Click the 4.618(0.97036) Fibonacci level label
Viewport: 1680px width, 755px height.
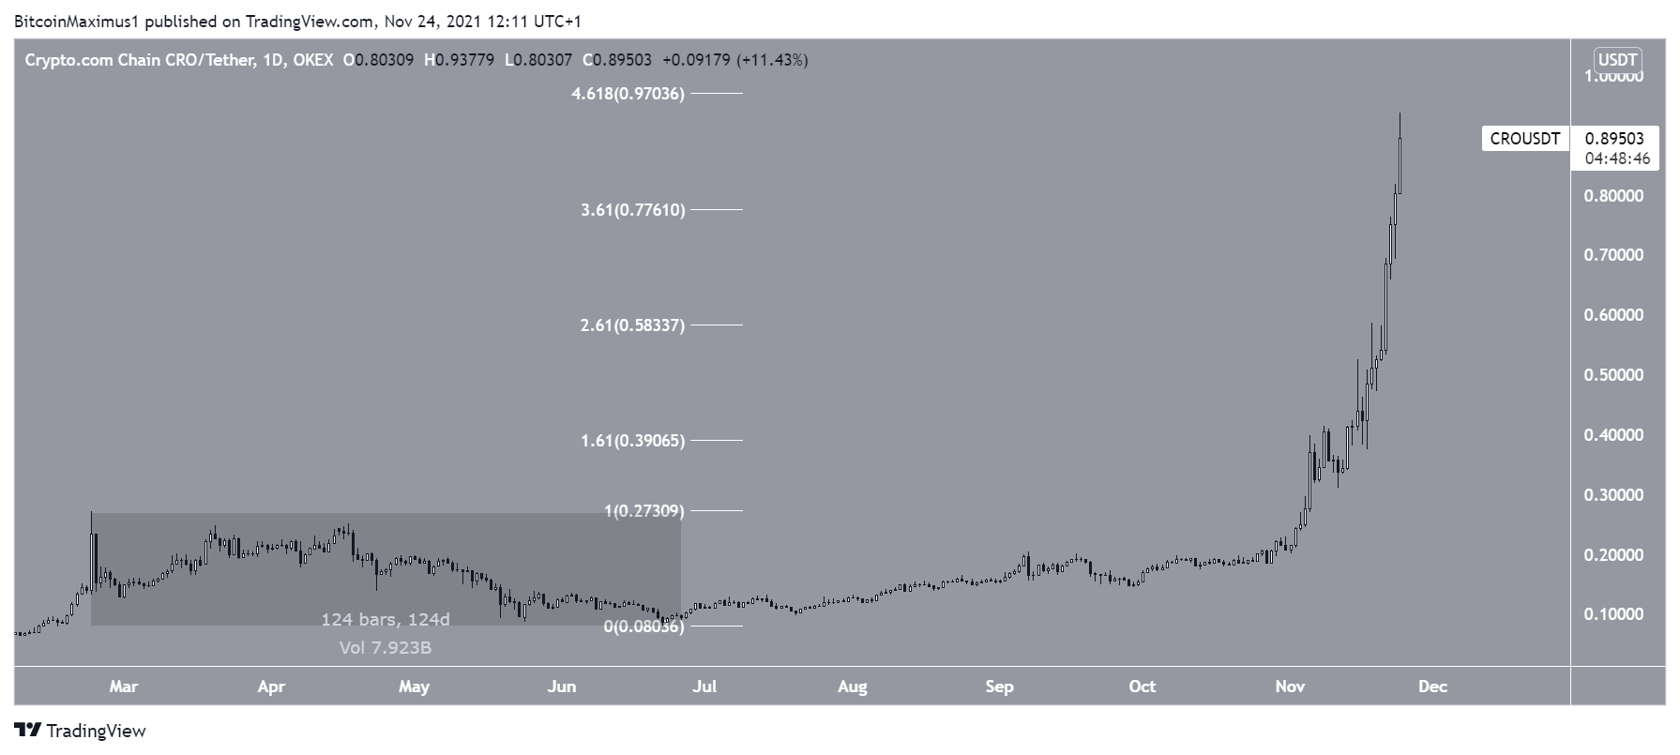[628, 94]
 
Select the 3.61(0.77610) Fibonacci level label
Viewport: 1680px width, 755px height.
[632, 210]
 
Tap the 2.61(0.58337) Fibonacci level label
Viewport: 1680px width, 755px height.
[632, 325]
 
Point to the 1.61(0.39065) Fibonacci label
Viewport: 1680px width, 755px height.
[632, 441]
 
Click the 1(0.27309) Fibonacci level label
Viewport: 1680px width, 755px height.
[643, 511]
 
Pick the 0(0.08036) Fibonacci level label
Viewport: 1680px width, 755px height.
[643, 627]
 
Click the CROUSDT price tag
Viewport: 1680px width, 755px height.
[1524, 139]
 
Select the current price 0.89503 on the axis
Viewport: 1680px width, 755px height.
[1614, 139]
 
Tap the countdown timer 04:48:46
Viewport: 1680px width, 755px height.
[1617, 159]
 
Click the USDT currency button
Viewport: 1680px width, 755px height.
[1617, 60]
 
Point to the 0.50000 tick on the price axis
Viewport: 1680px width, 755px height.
[1613, 375]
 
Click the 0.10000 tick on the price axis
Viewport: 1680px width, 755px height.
[1613, 614]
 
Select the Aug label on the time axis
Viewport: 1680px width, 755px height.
[852, 687]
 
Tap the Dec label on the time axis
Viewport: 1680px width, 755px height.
[1432, 687]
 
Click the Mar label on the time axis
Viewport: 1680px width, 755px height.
[123, 687]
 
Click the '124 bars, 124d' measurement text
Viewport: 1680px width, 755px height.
[386, 620]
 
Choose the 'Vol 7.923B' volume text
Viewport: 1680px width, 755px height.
[386, 647]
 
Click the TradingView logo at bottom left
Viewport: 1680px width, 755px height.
[81, 731]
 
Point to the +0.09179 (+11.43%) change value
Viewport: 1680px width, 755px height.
[734, 60]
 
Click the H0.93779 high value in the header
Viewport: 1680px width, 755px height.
[459, 60]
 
